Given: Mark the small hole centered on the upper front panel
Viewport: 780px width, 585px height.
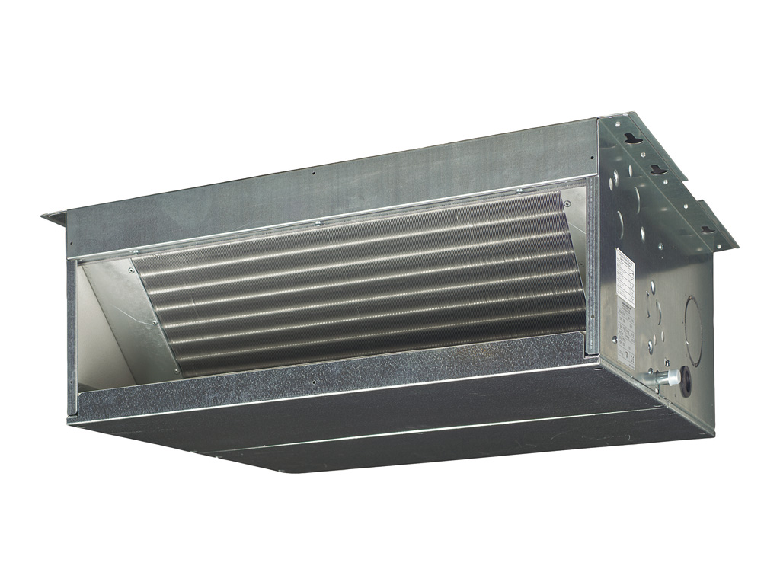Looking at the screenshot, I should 313,173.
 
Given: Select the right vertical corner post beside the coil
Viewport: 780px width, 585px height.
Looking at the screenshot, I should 591,267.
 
